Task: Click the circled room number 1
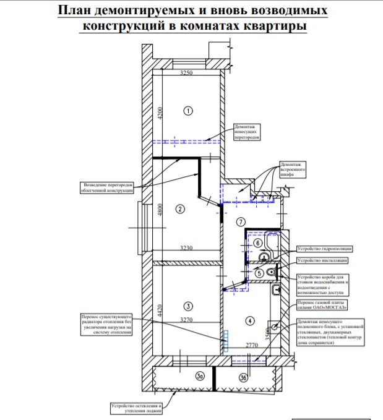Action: tap(189, 110)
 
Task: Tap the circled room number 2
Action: tap(180, 208)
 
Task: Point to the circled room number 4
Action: tap(249, 320)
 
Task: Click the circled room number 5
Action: tap(260, 273)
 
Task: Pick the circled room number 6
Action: tap(257, 244)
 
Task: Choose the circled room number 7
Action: tap(241, 221)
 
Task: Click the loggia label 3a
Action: tap(183, 375)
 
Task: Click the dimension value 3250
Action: tap(187, 73)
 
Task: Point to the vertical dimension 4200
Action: tap(159, 113)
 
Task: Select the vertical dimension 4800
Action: tap(159, 210)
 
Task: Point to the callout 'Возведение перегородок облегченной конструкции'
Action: tap(108, 187)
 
